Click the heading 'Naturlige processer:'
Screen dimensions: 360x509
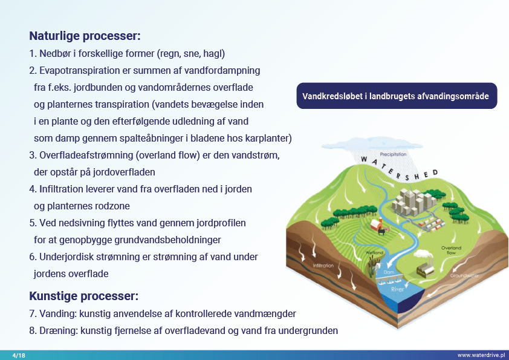[x=85, y=36]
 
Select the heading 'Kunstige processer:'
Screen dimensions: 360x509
[x=83, y=296]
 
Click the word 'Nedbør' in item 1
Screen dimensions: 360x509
[x=55, y=53]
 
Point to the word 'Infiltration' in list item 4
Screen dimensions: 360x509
[x=63, y=189]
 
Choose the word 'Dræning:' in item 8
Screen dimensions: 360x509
[x=59, y=331]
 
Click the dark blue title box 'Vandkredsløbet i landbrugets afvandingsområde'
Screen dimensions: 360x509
[x=397, y=96]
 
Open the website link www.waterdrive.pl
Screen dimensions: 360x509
[x=481, y=355]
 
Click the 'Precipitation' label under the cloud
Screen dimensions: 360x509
[x=393, y=154]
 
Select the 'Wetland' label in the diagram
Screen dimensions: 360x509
[x=375, y=252]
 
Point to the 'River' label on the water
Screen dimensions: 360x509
[x=397, y=289]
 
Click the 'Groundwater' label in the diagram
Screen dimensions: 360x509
[x=464, y=276]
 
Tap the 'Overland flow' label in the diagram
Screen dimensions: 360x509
[x=451, y=250]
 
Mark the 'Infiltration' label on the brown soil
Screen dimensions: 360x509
[x=323, y=266]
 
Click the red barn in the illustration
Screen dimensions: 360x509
[x=377, y=225]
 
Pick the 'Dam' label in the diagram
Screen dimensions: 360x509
[x=389, y=273]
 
